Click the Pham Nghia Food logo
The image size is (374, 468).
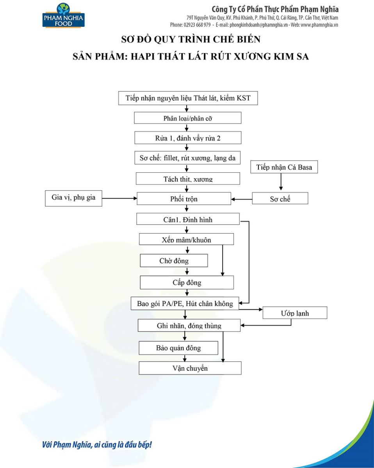(63, 15)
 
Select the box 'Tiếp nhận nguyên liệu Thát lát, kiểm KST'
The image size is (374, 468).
(188, 98)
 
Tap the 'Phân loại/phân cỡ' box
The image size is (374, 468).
(188, 118)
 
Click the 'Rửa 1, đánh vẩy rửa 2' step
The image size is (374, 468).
(188, 138)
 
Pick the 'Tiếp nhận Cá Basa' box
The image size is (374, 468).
(284, 167)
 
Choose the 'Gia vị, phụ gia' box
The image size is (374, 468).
(73, 199)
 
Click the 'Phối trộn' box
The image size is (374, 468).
(184, 199)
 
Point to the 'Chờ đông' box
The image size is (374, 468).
(174, 261)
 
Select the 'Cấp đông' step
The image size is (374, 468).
(187, 282)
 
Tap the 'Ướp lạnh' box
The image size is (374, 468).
(295, 313)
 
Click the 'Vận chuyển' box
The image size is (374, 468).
(190, 368)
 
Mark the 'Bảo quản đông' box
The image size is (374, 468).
(178, 348)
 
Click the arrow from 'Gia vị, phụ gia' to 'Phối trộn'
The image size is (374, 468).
(119, 199)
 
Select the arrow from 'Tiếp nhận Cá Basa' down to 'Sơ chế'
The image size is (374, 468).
(281, 182)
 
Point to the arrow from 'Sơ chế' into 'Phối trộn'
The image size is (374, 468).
(242, 199)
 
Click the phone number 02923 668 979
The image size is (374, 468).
(197, 25)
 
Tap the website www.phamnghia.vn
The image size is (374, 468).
(319, 25)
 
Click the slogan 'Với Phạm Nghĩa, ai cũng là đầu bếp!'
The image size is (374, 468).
(97, 445)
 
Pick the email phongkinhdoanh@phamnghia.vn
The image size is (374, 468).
(258, 25)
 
